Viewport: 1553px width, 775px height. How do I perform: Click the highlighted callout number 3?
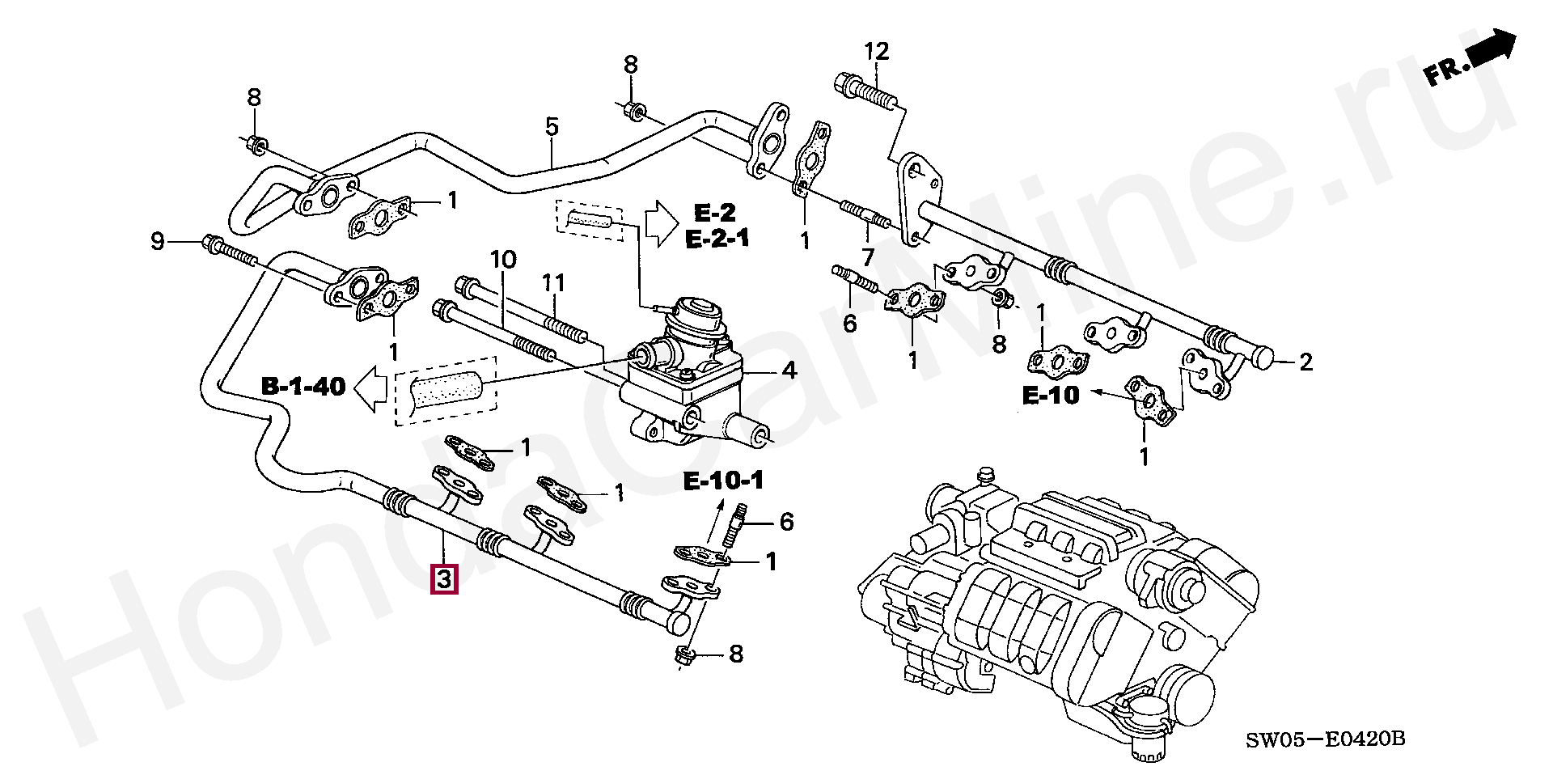[444, 579]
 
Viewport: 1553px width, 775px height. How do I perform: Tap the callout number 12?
[876, 52]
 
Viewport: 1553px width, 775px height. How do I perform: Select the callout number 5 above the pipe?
[552, 126]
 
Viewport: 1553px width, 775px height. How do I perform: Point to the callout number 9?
[158, 241]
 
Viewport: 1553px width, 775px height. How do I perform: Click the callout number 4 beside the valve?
[789, 371]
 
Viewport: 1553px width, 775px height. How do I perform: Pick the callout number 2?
[1306, 362]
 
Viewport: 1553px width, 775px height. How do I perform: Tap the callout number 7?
[868, 257]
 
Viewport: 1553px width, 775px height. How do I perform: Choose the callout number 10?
[503, 260]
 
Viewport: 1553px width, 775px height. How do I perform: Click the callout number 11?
[553, 283]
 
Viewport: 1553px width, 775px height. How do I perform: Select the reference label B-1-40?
[303, 387]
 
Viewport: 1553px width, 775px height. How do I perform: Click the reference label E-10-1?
[723, 481]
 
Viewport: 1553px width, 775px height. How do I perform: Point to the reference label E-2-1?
[717, 239]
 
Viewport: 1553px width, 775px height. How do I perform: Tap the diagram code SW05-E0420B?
[1325, 739]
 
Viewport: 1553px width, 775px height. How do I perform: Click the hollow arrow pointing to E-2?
[662, 223]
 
